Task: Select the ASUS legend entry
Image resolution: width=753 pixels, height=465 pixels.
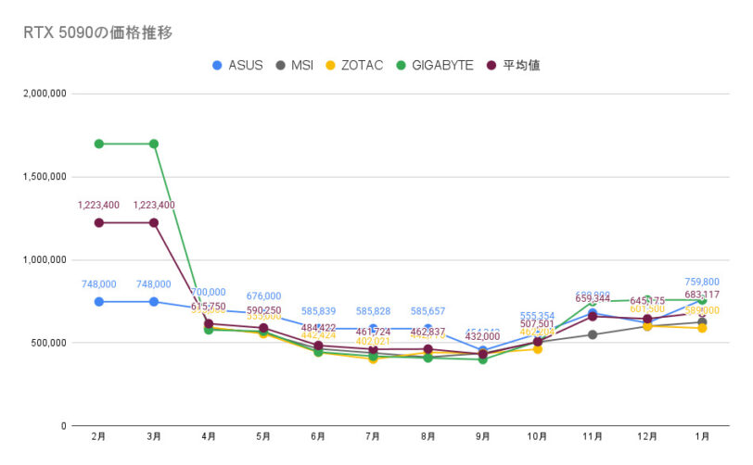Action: point(239,65)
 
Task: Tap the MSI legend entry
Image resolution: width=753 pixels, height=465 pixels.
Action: point(295,65)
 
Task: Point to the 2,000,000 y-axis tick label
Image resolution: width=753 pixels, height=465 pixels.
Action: point(41,94)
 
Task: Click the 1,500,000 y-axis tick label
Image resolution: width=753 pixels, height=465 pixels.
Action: point(41,177)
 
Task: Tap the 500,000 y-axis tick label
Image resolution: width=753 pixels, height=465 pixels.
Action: point(46,343)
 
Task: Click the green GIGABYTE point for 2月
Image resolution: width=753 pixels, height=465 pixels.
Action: point(98,144)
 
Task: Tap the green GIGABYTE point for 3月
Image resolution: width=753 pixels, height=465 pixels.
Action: point(154,144)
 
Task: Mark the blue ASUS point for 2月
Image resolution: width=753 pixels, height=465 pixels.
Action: point(98,302)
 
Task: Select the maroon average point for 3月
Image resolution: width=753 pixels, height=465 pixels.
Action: point(154,222)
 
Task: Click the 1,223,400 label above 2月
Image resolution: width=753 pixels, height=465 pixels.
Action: point(98,206)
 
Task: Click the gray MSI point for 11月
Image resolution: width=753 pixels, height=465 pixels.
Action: point(593,334)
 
